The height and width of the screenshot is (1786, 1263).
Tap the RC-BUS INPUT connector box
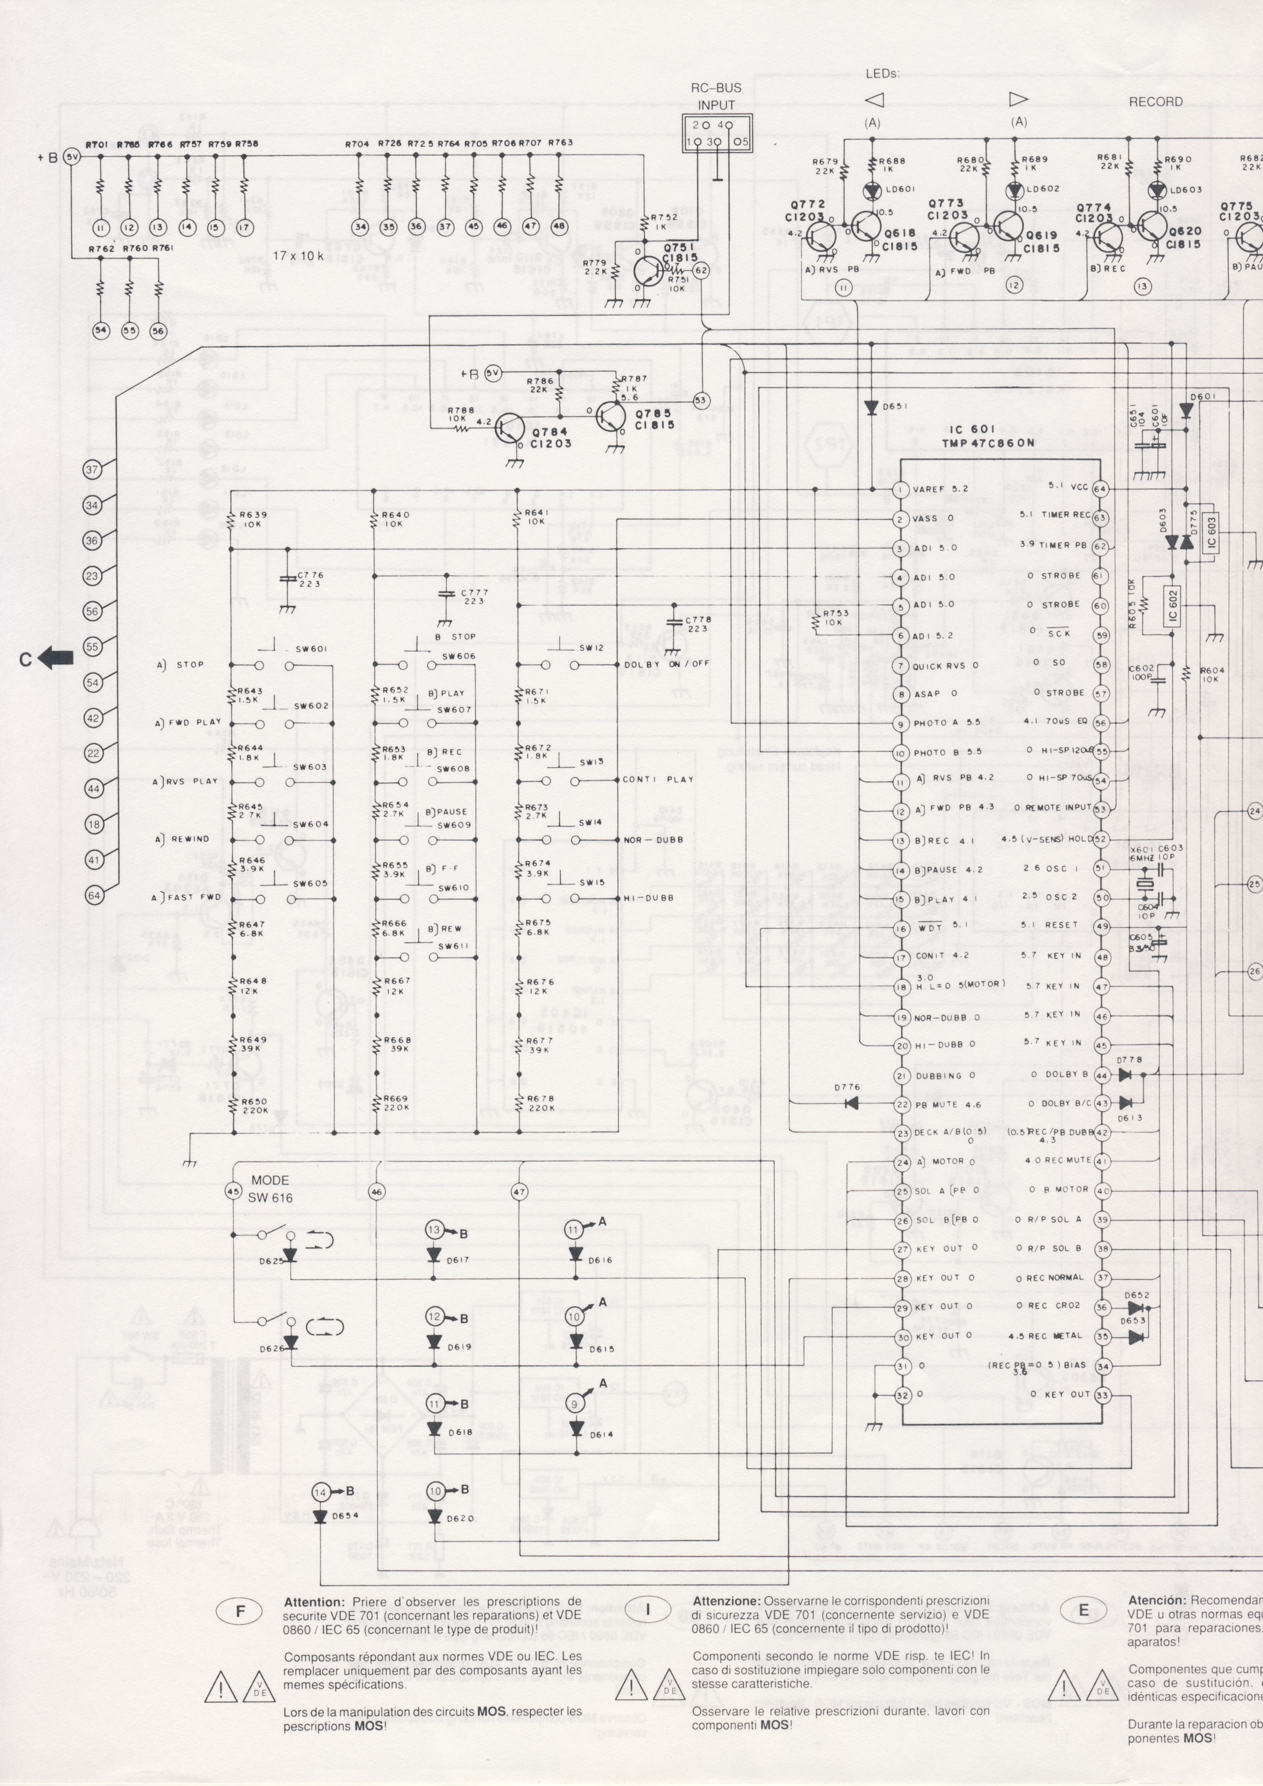click(x=716, y=133)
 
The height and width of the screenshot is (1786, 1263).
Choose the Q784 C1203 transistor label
click(x=552, y=438)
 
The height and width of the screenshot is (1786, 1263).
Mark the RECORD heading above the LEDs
click(x=1156, y=102)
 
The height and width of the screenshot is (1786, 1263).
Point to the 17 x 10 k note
click(x=290, y=254)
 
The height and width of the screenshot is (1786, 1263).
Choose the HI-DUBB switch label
click(x=647, y=898)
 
